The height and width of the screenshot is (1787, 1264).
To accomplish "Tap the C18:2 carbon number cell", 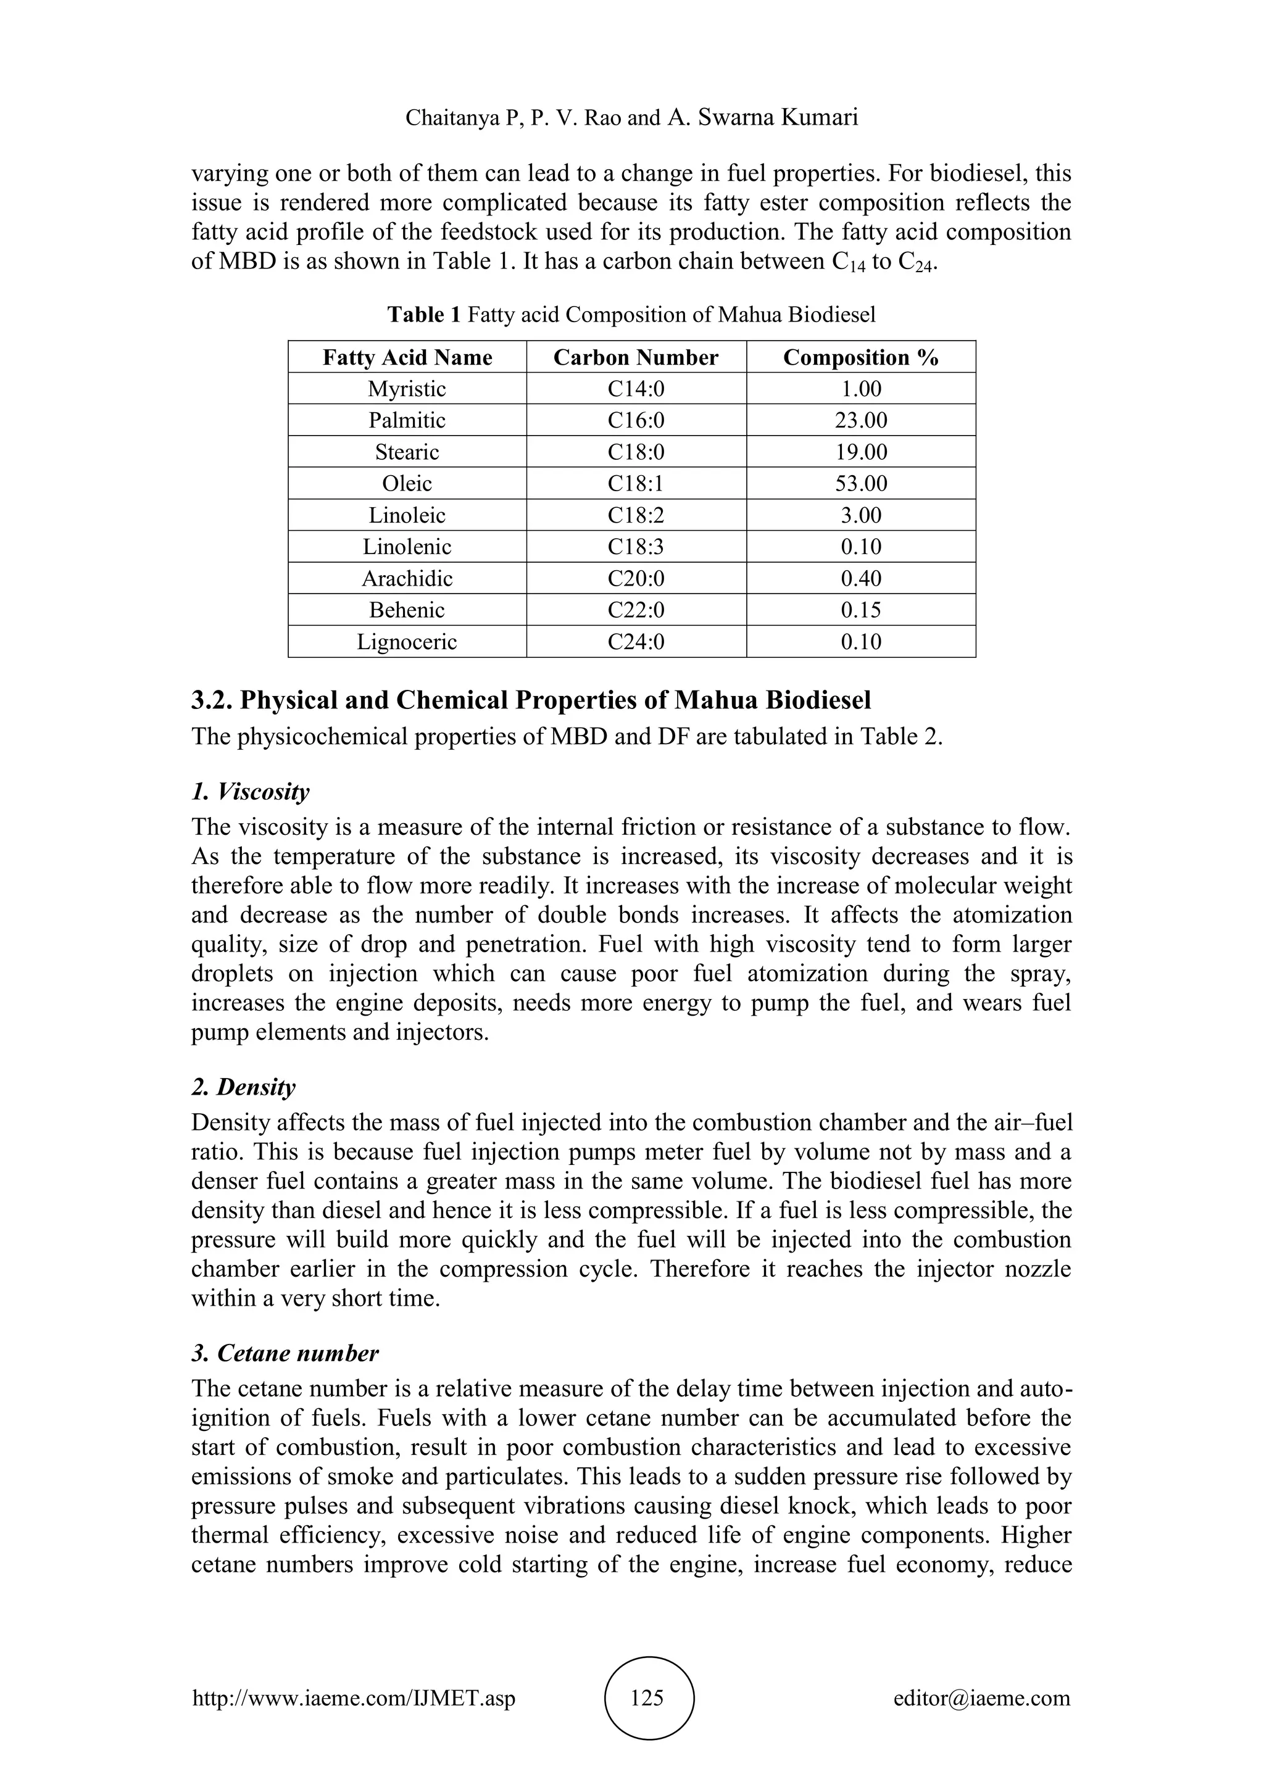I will point(636,515).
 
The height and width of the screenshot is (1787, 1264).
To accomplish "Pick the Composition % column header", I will point(861,357).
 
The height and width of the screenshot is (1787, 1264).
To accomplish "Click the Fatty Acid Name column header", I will point(407,357).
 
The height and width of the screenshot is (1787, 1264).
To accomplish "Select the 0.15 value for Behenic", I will point(861,610).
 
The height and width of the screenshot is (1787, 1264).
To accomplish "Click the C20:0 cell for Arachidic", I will point(636,578).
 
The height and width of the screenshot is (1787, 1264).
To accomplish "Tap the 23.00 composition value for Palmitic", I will point(861,420).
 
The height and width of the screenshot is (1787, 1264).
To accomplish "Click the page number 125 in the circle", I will point(647,1698).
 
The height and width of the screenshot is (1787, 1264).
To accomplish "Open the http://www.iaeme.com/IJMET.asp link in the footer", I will point(354,1698).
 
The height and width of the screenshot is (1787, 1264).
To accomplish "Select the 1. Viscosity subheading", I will point(250,792).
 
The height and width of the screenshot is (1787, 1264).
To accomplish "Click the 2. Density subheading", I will point(244,1087).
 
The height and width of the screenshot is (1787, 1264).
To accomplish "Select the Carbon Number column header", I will point(636,357).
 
